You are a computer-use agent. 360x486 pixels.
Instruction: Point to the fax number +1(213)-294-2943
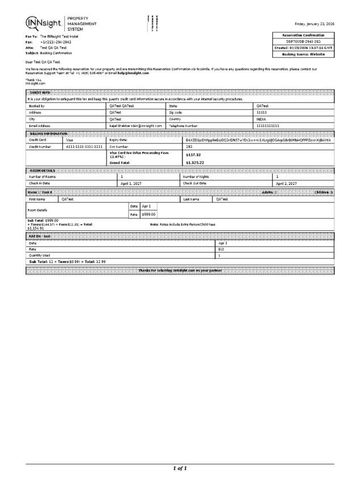(56, 42)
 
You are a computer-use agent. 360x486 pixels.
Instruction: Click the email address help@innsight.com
(133, 73)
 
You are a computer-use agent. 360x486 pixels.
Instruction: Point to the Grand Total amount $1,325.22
(194, 163)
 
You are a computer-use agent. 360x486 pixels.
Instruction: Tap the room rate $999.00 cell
(149, 214)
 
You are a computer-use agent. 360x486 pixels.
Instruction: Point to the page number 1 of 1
(180, 468)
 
